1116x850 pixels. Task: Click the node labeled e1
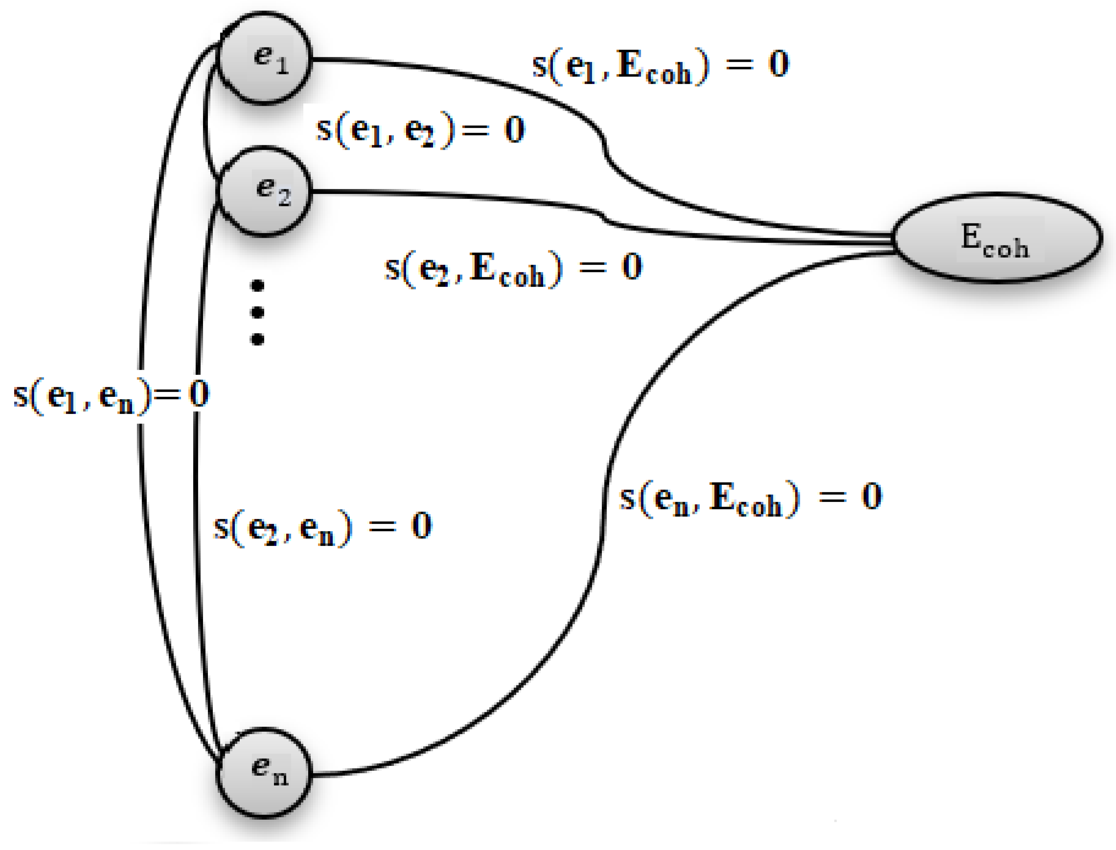(264, 59)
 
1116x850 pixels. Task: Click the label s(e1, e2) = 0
(420, 131)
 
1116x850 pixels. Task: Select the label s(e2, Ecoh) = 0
(513, 269)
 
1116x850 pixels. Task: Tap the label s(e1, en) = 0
(111, 395)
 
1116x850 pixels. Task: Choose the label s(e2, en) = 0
(322, 528)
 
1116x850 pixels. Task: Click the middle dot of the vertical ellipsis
(257, 313)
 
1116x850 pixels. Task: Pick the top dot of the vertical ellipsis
(257, 286)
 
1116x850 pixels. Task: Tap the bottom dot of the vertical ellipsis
(257, 339)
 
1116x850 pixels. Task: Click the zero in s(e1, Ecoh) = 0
(779, 64)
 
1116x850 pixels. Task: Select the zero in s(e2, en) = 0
(421, 525)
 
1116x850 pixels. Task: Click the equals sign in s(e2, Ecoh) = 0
(592, 267)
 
